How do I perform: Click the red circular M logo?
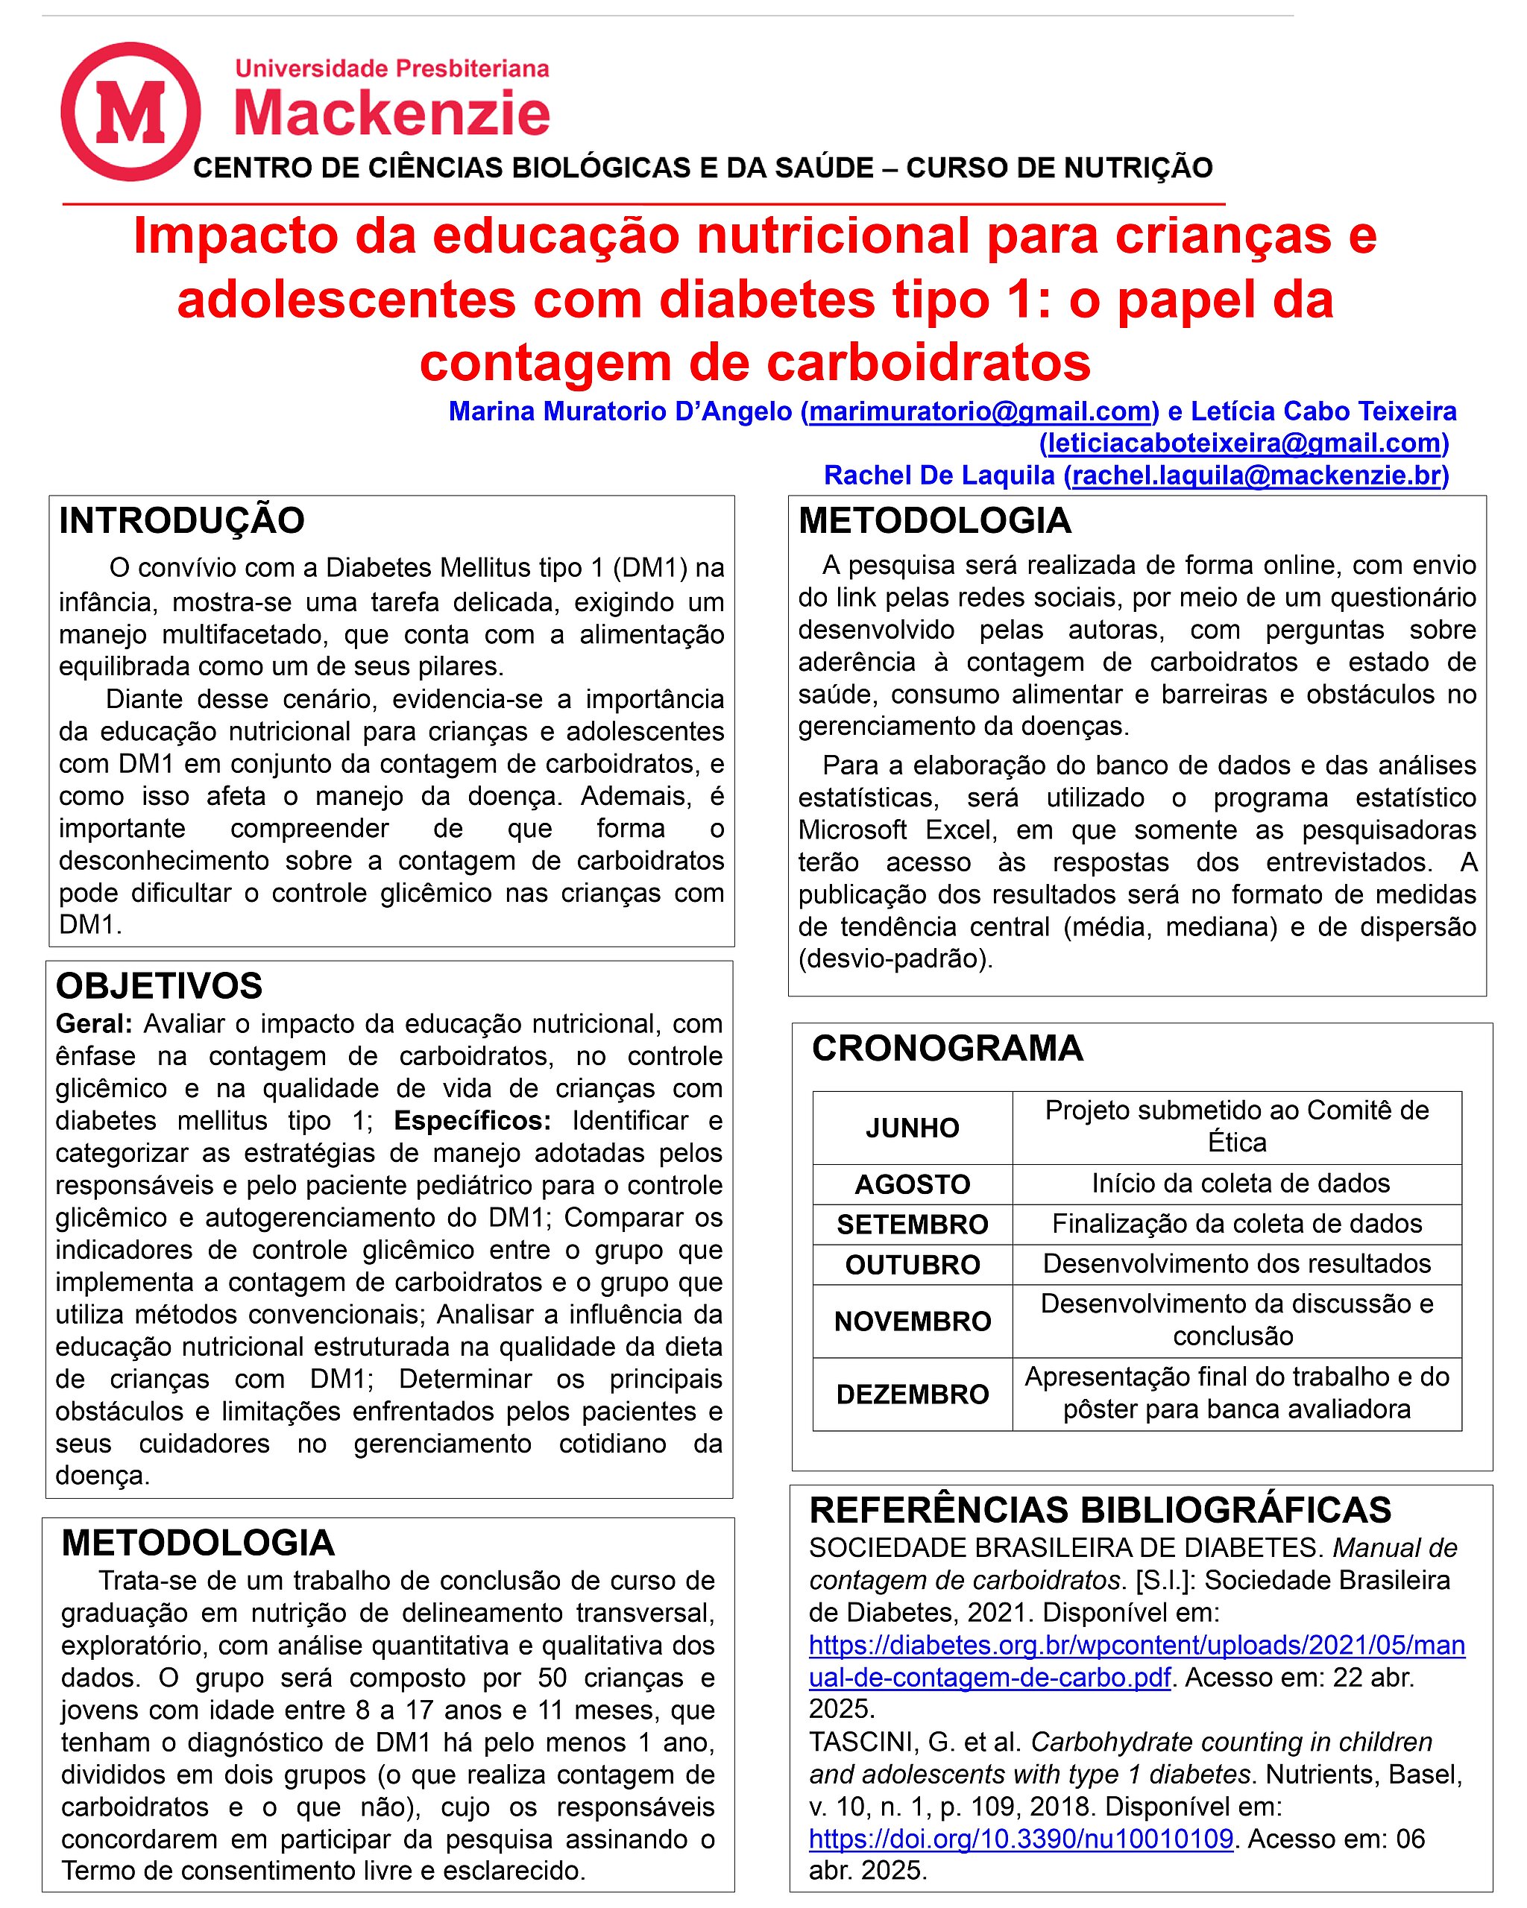point(130,112)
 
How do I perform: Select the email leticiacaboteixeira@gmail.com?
point(1244,443)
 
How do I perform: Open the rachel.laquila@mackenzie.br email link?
point(1256,476)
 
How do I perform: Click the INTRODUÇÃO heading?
point(181,520)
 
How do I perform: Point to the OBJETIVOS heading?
point(160,986)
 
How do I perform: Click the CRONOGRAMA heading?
point(947,1048)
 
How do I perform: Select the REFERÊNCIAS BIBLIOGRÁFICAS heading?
point(1101,1510)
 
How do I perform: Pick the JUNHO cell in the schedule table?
point(912,1128)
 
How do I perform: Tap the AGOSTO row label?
point(912,1184)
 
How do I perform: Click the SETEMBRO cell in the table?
point(912,1224)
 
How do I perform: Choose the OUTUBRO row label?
point(912,1265)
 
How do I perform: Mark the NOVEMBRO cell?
point(912,1321)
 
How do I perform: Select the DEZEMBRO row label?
point(912,1394)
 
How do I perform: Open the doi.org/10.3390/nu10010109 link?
point(1021,1839)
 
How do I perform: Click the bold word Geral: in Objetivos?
point(94,1024)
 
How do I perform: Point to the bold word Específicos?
point(472,1121)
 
